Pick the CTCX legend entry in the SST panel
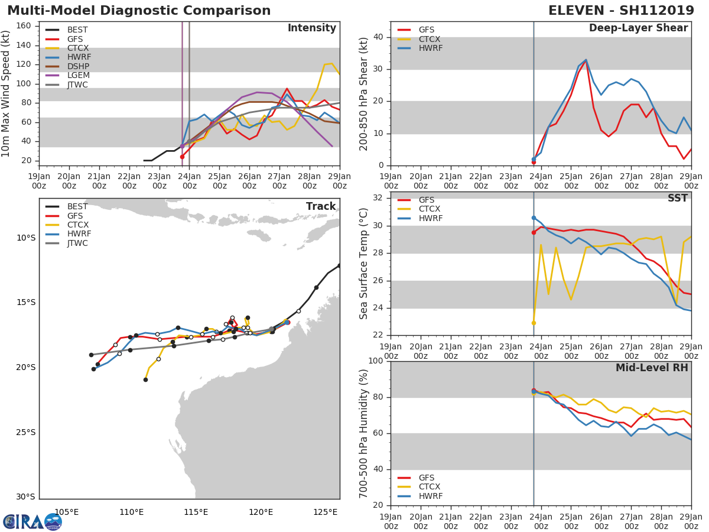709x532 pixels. click(430, 209)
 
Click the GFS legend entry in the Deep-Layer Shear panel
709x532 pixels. click(425, 30)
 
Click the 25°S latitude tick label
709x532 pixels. click(26, 432)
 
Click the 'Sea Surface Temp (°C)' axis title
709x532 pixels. click(364, 263)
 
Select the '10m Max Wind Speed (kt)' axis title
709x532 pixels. click(6, 93)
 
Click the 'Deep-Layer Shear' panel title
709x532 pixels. click(638, 28)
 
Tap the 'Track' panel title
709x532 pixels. click(321, 207)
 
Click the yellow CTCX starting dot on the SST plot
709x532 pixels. click(534, 323)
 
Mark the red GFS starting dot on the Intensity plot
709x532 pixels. click(182, 157)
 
